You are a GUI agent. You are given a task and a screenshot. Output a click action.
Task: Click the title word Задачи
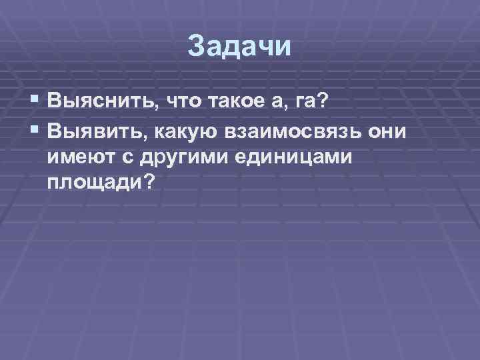pyautogui.click(x=240, y=47)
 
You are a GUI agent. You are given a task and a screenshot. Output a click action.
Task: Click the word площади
pyautogui.click(x=94, y=182)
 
